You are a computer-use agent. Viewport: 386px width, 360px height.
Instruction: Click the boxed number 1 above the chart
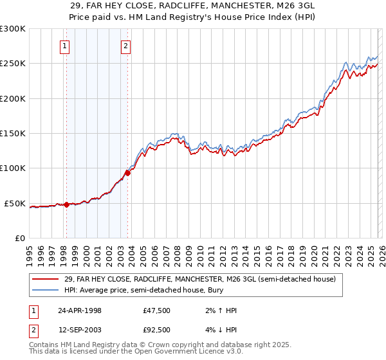coord(66,46)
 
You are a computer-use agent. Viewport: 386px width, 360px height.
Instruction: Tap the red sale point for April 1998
coord(66,205)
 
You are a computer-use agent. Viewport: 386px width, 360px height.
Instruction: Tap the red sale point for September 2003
coord(128,173)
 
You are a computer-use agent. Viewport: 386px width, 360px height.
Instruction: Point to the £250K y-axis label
coord(13,64)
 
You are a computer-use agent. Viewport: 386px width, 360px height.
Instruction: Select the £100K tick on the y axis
coord(13,168)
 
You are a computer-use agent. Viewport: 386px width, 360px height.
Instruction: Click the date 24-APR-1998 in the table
coord(79,310)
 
